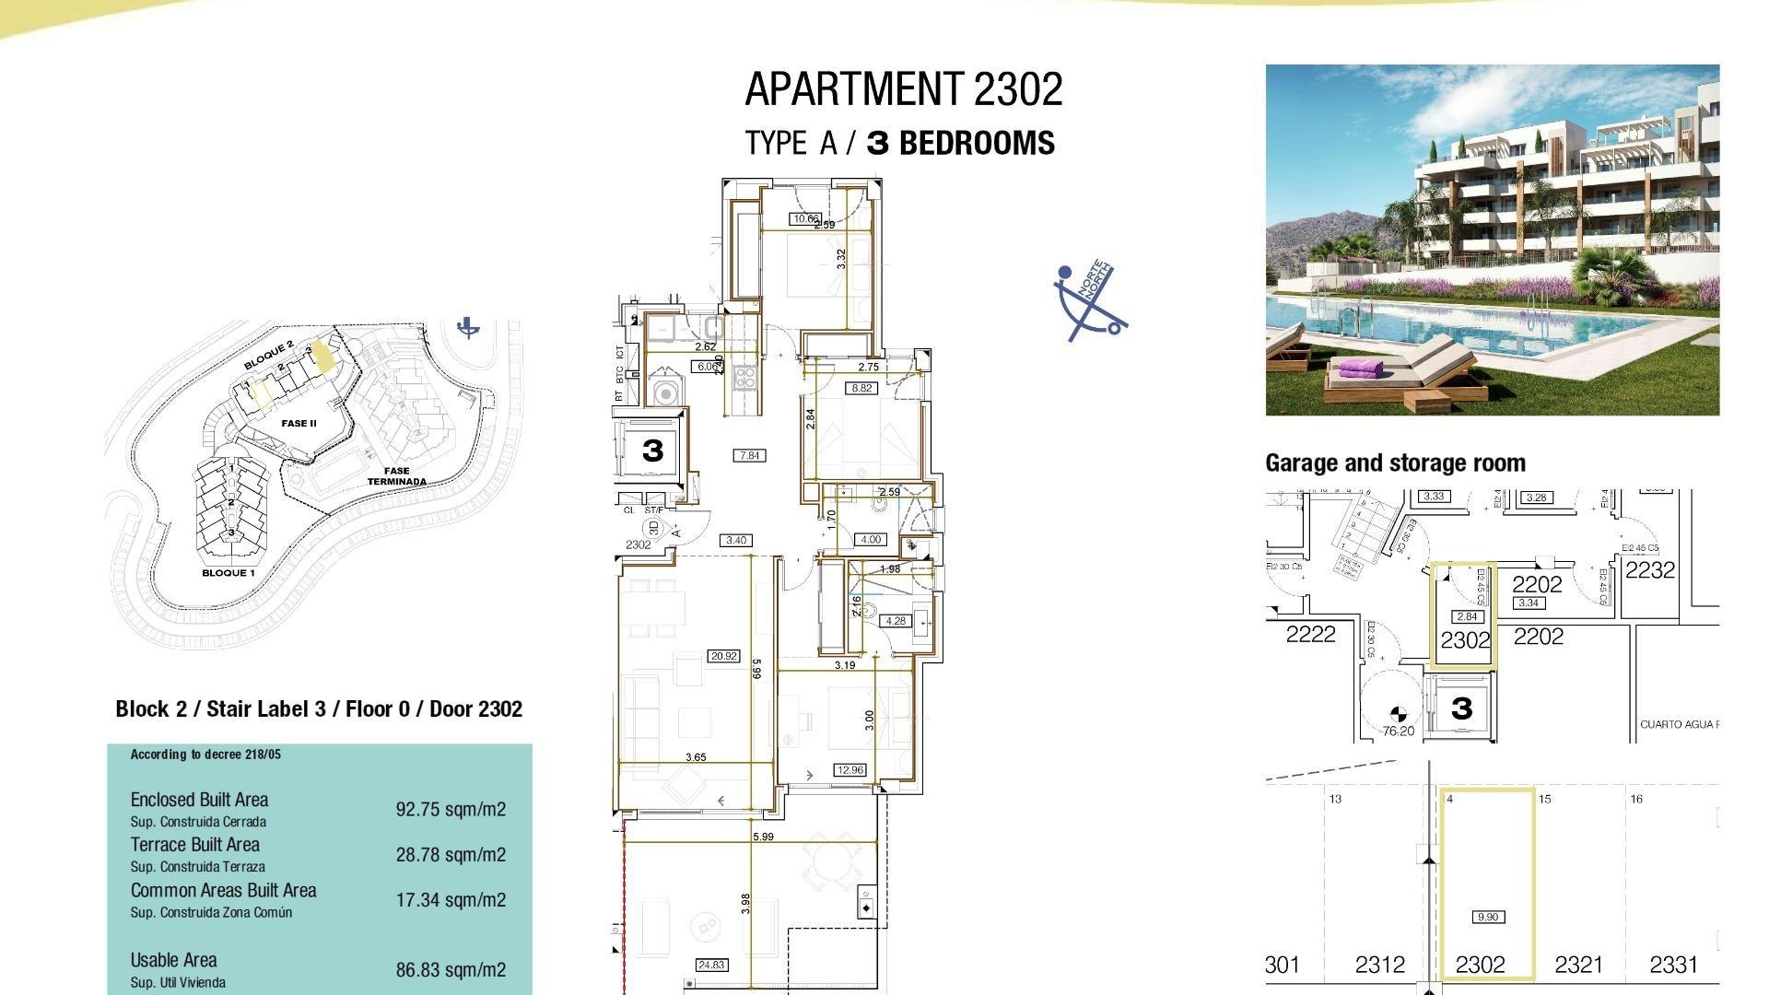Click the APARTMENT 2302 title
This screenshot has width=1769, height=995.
click(x=903, y=89)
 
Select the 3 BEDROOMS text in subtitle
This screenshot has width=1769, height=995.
click(x=961, y=143)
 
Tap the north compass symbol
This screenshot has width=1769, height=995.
click(x=1090, y=300)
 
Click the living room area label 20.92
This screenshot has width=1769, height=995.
click(x=723, y=656)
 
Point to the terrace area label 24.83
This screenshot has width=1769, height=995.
click(x=711, y=965)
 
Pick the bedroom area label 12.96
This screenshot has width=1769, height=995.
click(x=849, y=769)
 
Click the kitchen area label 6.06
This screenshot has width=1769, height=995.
click(x=706, y=366)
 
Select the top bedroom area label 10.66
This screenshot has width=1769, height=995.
click(x=805, y=218)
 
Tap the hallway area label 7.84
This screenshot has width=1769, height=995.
click(x=749, y=455)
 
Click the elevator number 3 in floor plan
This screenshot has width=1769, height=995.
click(x=652, y=451)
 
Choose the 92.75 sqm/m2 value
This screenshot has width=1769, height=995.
click(x=451, y=810)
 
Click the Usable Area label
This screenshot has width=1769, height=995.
click(x=173, y=960)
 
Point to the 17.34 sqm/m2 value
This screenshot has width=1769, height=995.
click(x=451, y=900)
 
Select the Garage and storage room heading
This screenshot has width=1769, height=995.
click(x=1395, y=462)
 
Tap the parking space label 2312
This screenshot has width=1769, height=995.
click(x=1379, y=965)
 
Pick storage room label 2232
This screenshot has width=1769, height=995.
click(x=1649, y=570)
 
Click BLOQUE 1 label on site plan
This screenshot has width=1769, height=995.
click(x=228, y=573)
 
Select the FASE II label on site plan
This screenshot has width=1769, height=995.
click(x=299, y=424)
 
